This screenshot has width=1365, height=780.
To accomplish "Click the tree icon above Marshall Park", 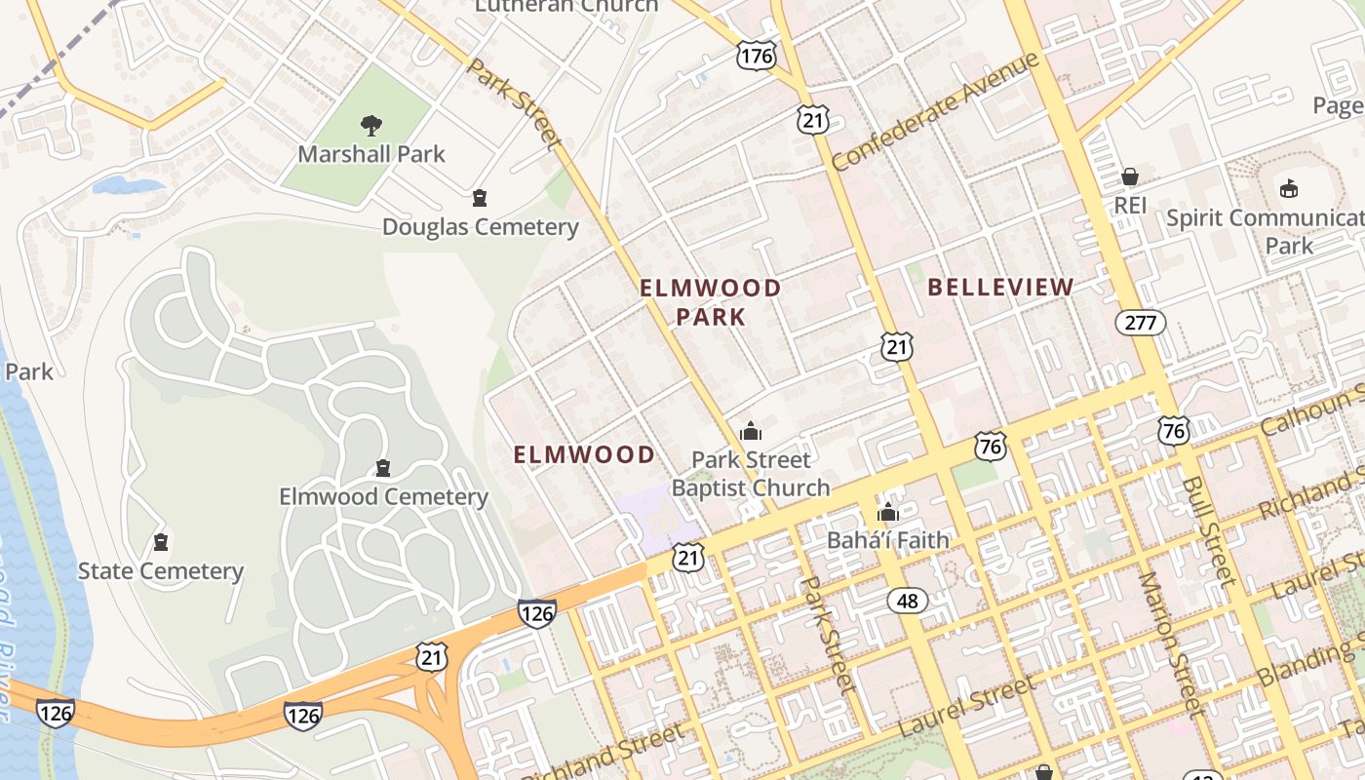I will [x=370, y=125].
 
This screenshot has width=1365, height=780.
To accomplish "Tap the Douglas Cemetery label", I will [x=480, y=227].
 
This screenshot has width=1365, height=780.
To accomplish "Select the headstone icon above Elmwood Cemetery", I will [x=383, y=469].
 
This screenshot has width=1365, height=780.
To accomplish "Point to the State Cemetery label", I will [x=160, y=571].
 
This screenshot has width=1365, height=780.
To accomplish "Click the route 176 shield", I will [x=756, y=55].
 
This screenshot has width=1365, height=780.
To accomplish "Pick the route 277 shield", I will [x=1141, y=323].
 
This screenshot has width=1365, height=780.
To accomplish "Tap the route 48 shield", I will [x=907, y=601].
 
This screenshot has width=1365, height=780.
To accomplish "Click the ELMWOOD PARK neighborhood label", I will [x=710, y=302].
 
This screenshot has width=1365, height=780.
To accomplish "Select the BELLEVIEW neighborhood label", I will [x=1000, y=288].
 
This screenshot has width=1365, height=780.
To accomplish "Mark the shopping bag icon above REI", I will [x=1130, y=176].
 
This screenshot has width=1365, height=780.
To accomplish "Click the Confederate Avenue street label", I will [x=936, y=112].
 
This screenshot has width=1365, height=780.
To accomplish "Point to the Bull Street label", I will [x=1209, y=531].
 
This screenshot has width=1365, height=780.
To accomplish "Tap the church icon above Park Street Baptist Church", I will [x=751, y=430].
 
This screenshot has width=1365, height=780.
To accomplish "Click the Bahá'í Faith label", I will [x=887, y=539].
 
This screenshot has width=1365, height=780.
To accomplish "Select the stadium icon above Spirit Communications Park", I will [x=1289, y=188].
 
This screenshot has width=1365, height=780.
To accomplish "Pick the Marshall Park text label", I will [x=370, y=154].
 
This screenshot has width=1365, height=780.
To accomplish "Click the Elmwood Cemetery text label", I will [x=383, y=497].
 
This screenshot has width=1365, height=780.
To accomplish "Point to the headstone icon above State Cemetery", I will [x=161, y=542].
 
